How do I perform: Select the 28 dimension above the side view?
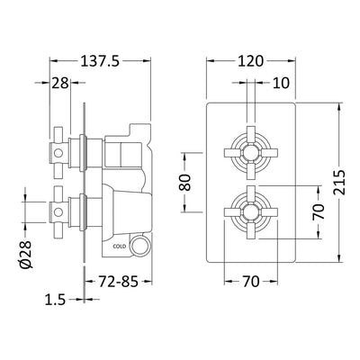pyautogui.click(x=60, y=84)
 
